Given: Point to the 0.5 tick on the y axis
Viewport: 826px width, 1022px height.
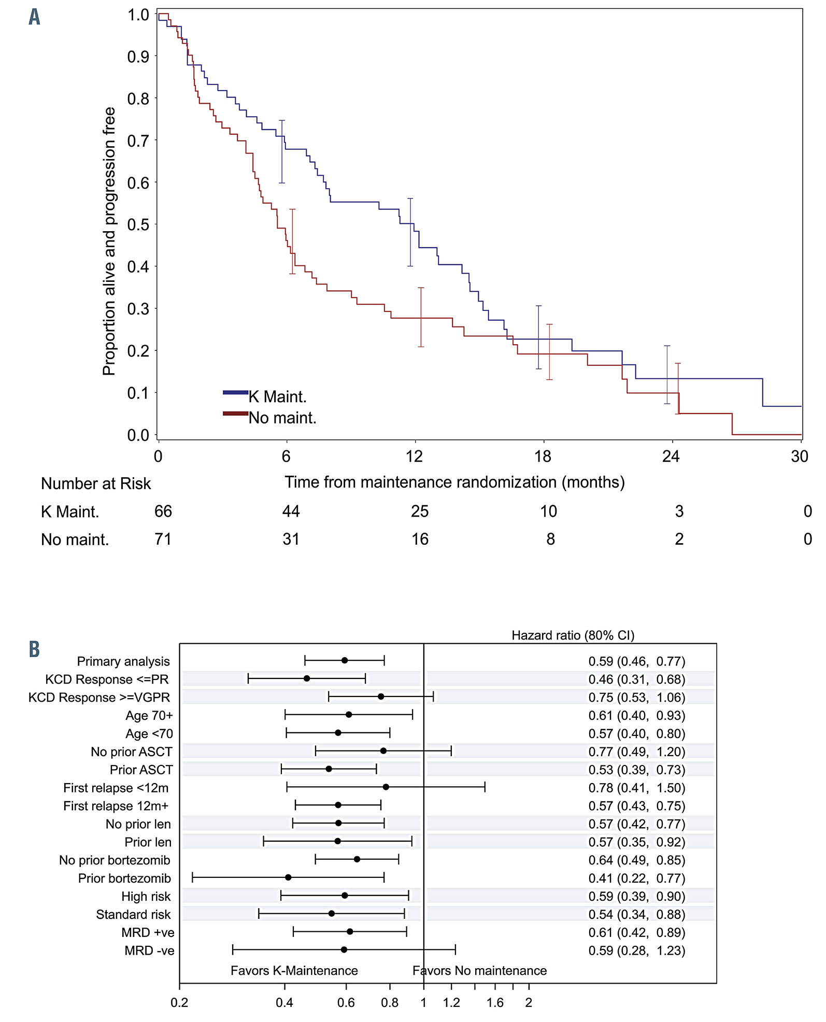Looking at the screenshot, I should pos(138,224).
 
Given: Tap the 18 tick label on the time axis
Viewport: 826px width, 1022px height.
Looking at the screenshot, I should pos(543,456).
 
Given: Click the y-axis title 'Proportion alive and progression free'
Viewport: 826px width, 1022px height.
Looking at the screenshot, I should pos(109,241).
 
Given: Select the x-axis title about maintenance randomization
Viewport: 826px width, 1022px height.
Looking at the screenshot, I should pos(454,482).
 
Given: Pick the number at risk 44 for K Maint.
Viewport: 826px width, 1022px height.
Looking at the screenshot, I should pos(291,512).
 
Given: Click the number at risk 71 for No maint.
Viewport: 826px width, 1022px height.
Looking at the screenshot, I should pos(163,540).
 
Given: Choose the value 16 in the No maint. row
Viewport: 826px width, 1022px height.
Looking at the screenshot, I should pos(420,540).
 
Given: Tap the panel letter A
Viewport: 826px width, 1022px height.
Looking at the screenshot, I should pos(34,17).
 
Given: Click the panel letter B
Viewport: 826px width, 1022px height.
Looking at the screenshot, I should pos(34,649).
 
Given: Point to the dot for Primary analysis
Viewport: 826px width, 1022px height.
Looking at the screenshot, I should pos(345,660).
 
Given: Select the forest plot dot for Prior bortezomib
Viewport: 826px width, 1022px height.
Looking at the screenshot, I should pos(288,877).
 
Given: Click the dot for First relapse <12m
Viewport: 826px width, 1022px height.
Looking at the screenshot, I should pos(386,787).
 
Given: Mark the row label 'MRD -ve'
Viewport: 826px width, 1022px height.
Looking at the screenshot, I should pos(149,950).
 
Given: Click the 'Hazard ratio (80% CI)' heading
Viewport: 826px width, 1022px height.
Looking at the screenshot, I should pos(573,635).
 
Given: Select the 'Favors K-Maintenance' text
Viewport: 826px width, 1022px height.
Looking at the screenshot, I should pos(294,970).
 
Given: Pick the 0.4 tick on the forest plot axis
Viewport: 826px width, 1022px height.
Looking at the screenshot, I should pos(284,1002).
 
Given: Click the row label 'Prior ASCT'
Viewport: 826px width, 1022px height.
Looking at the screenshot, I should pos(141,770).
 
